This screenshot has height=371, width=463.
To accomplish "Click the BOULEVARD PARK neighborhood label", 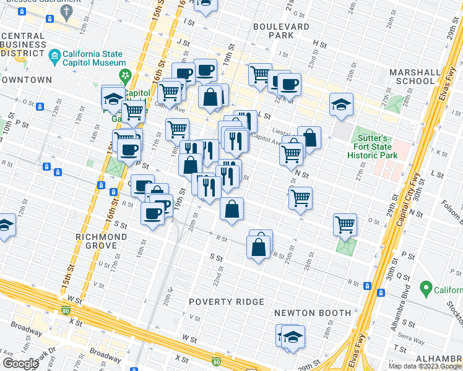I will tap(281, 31).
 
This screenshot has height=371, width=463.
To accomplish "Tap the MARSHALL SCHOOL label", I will tap(412, 77).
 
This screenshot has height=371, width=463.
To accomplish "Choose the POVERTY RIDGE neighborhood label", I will tap(227, 302).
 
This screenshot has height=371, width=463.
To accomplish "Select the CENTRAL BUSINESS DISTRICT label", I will tap(24, 45).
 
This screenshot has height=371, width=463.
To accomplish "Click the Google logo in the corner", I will tap(21, 363).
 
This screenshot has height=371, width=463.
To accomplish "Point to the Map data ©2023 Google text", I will tap(425, 366).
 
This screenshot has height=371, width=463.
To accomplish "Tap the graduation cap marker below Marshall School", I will tap(340, 104).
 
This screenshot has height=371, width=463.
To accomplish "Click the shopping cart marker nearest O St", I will tap(345, 225).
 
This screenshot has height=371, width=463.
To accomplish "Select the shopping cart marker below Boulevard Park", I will tap(261, 75).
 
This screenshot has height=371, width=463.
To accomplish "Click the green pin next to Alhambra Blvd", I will tap(425, 288).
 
